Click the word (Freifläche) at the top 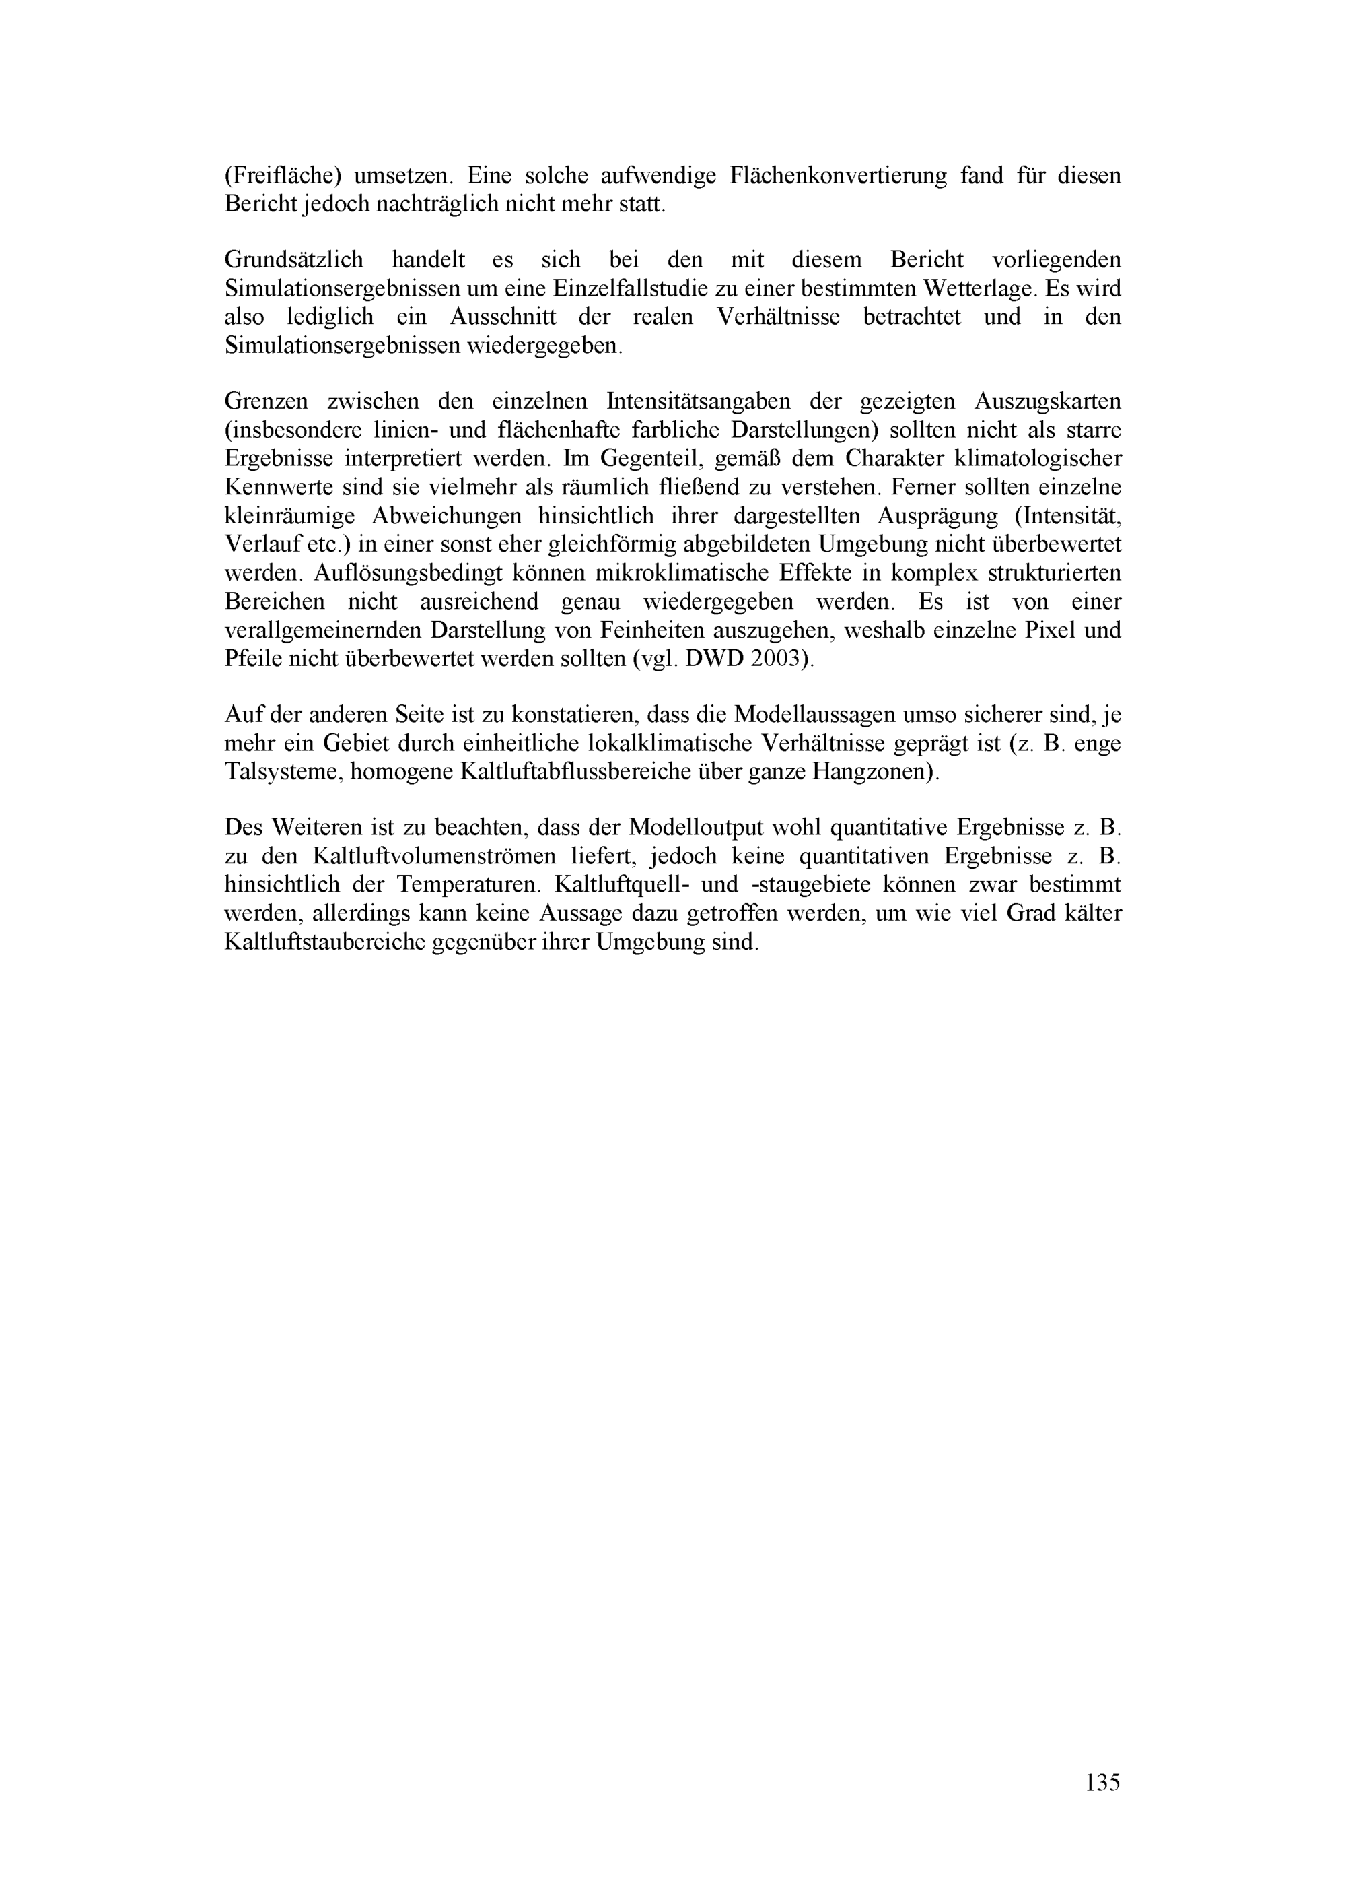point(283,176)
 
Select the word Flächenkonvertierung point(838,176)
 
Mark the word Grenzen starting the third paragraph point(264,402)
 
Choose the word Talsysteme point(283,772)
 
